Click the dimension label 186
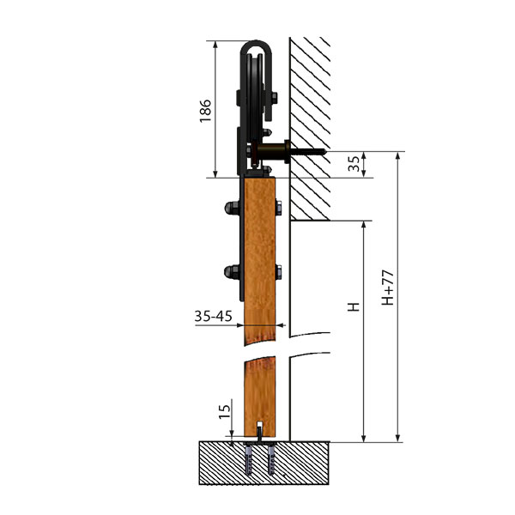(205, 111)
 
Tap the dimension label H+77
(387, 288)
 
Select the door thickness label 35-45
(213, 316)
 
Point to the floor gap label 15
(225, 411)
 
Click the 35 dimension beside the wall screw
(354, 164)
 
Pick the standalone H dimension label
(354, 306)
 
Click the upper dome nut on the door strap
(232, 208)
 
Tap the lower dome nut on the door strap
(232, 272)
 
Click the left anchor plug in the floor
(249, 458)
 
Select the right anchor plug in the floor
(271, 458)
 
